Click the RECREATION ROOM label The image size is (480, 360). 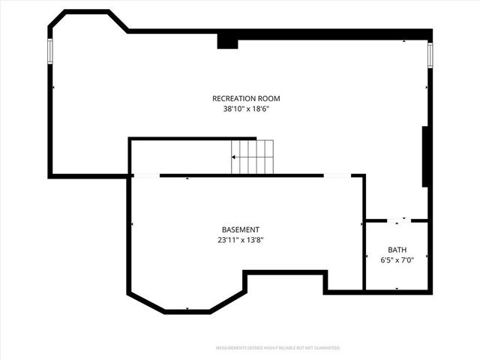tap(246, 98)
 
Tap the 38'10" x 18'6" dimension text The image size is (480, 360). tap(246, 109)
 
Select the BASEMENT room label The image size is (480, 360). tap(241, 229)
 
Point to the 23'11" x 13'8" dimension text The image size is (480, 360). tap(241, 240)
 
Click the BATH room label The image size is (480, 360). tap(397, 250)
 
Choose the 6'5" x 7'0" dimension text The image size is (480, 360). tap(397, 260)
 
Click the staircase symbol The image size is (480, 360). tap(252, 157)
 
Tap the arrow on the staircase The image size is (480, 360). tap(235, 157)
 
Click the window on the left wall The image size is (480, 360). tap(50, 50)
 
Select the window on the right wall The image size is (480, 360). tap(430, 55)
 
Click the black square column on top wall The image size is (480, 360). tap(227, 43)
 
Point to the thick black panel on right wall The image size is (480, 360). tap(425, 156)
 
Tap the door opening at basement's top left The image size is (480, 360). tap(146, 175)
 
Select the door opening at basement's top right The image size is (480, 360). tap(337, 175)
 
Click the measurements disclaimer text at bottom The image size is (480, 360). tap(277, 348)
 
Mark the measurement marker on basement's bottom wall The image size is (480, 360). tap(187, 310)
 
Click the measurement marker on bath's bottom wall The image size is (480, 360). tap(397, 289)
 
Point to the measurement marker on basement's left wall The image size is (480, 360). tap(132, 224)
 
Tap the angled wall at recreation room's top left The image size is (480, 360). tap(118, 21)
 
